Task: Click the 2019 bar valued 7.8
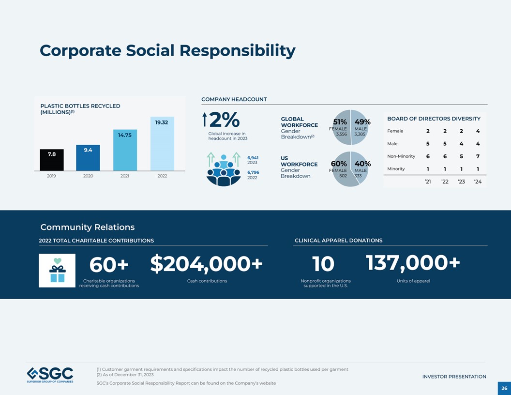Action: [51, 160]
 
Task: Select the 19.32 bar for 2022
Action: [162, 144]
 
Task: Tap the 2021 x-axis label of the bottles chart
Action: [125, 176]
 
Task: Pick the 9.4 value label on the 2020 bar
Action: [88, 150]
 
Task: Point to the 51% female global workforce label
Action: [340, 122]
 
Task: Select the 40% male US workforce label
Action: [362, 164]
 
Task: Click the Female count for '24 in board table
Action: [478, 131]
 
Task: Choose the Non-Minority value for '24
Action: [478, 156]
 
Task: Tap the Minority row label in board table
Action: [396, 169]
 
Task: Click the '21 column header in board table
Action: [428, 182]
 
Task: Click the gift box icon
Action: [57, 271]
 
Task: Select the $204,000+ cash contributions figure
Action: [207, 264]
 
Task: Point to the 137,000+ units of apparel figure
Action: [412, 263]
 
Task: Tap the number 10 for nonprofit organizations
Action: [323, 264]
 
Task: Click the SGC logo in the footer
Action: [50, 375]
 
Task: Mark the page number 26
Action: [504, 388]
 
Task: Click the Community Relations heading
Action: [88, 227]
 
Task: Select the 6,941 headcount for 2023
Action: [253, 158]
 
